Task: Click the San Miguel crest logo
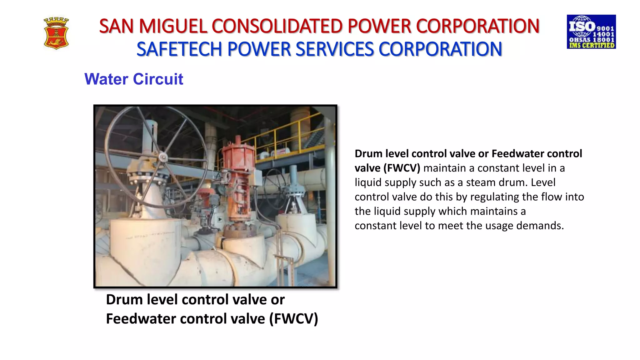tap(56, 33)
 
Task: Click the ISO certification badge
tap(591, 32)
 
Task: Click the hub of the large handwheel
tap(163, 157)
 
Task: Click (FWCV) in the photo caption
tap(293, 319)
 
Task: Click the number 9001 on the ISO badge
tap(605, 28)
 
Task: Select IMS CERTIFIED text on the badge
tap(592, 45)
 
